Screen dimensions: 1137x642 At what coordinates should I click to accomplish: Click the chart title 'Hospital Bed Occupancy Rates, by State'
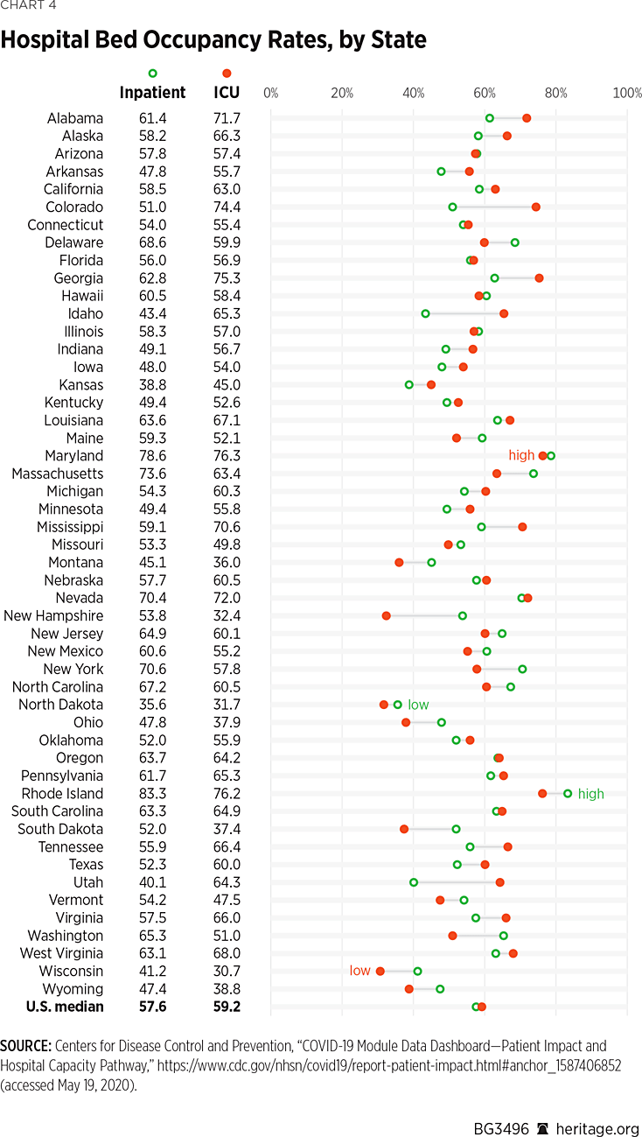(x=213, y=40)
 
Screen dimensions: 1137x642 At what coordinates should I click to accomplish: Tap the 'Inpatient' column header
(x=152, y=92)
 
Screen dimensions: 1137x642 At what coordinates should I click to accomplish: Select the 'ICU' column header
(x=227, y=92)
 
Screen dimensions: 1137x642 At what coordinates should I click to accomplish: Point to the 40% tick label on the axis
(x=414, y=93)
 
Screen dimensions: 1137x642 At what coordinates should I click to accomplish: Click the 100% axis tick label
(x=627, y=93)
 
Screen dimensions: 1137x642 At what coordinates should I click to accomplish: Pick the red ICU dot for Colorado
(x=535, y=207)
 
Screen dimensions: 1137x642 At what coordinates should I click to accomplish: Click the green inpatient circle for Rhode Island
(x=568, y=793)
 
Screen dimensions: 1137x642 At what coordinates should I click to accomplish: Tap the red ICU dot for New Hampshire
(x=386, y=615)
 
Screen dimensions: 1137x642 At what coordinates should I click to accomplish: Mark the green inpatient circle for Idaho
(x=425, y=313)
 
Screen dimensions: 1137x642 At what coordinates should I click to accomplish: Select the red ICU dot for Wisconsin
(x=380, y=971)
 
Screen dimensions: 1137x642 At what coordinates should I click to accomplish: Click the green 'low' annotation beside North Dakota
(x=418, y=705)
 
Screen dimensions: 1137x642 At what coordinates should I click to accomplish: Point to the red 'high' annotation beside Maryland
(x=521, y=455)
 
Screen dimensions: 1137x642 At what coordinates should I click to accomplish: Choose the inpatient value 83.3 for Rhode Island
(x=152, y=793)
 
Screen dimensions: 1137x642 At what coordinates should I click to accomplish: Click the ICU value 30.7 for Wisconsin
(x=227, y=971)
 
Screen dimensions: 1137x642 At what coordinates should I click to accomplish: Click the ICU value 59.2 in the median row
(x=227, y=1007)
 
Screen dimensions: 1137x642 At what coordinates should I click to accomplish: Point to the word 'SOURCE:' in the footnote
(x=25, y=1046)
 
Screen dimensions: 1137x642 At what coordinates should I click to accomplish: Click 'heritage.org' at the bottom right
(x=597, y=1105)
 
